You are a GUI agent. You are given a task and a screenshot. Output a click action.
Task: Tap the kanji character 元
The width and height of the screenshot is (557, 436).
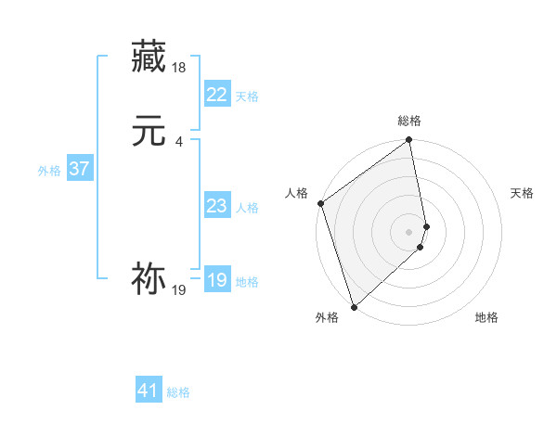[x=149, y=131]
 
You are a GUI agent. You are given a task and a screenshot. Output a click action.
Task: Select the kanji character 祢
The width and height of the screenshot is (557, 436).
[x=149, y=278]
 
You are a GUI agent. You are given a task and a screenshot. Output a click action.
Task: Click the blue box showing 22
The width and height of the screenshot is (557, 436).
[x=216, y=95]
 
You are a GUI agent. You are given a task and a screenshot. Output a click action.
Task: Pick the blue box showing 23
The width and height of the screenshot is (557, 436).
[x=216, y=206]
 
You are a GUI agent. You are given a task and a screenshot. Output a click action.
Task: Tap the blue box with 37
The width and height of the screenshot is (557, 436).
[x=79, y=169]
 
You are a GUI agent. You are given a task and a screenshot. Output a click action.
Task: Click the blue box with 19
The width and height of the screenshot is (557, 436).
[x=216, y=280]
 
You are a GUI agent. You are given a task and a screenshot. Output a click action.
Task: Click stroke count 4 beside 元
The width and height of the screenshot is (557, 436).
[x=178, y=141]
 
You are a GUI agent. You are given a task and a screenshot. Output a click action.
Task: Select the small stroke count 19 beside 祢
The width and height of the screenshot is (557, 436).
[x=178, y=290]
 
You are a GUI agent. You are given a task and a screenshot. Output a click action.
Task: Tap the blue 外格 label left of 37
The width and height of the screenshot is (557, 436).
[x=49, y=171]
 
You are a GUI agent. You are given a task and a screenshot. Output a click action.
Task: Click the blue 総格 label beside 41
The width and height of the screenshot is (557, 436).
[x=178, y=392]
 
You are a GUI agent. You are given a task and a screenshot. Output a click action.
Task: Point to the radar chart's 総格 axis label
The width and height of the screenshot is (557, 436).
[x=409, y=121]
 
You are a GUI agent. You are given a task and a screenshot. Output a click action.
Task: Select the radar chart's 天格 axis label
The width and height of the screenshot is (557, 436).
[x=523, y=193]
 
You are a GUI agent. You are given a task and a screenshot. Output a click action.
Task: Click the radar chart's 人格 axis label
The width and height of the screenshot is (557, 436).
[x=297, y=193]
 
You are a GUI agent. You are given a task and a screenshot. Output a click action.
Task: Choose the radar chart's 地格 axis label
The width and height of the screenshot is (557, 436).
[x=486, y=317]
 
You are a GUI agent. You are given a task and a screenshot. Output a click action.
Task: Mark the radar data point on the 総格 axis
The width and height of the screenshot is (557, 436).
[x=409, y=141]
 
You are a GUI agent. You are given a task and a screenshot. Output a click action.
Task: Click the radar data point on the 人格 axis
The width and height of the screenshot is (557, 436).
[x=320, y=203]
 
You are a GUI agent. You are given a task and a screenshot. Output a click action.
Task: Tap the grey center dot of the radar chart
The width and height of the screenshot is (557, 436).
[x=409, y=231]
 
